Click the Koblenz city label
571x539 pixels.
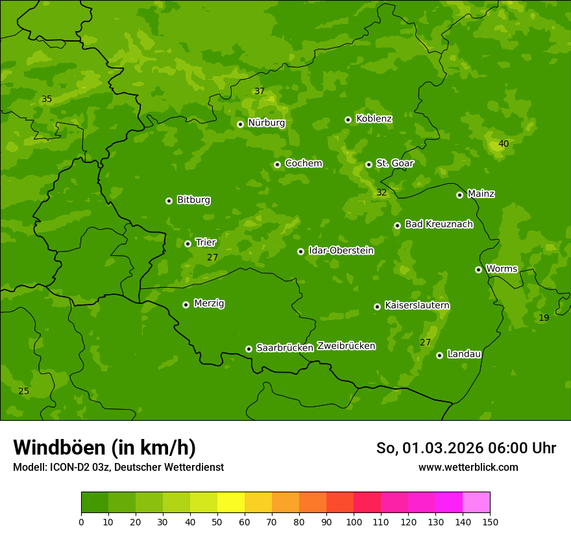coord(374,119)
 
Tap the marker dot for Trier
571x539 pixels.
coord(188,244)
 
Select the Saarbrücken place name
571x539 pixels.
coord(284,348)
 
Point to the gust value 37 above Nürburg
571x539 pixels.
coord(260,91)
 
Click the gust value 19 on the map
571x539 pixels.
coord(544,318)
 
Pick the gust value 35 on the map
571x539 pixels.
coord(47,99)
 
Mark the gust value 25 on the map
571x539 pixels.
coord(24,391)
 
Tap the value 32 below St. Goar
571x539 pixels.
coord(382,192)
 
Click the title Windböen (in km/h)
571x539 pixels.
coord(104,447)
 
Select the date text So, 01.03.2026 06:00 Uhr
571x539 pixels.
coord(466,448)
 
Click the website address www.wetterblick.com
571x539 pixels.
coord(468,467)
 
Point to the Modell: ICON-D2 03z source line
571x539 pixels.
coord(118,467)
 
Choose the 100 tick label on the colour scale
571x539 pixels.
coord(354,521)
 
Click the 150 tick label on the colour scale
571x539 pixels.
coord(490,521)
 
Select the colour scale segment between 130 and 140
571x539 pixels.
coord(449,503)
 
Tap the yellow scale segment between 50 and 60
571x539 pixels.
coord(231,503)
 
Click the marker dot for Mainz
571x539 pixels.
coord(459,195)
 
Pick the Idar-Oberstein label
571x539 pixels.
coord(341,251)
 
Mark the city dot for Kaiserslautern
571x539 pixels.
coord(377,307)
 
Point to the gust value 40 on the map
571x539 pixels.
coord(504,144)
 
